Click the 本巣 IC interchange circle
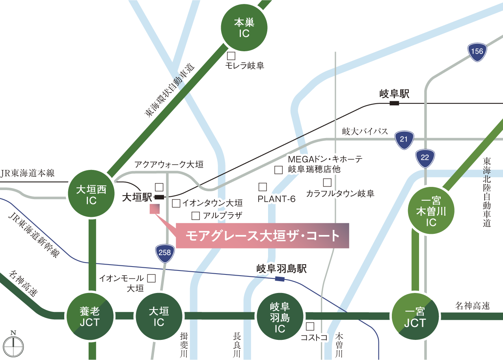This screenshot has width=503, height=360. (x=244, y=28)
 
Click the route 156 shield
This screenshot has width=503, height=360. (x=476, y=52)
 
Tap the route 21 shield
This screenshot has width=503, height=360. (x=404, y=139)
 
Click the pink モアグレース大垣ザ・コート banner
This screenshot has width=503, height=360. (x=262, y=236)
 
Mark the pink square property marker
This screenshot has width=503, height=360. (x=154, y=209)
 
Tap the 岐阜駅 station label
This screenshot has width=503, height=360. (x=395, y=94)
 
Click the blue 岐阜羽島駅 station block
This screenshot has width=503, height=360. (x=279, y=279)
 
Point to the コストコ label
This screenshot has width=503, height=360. (x=314, y=338)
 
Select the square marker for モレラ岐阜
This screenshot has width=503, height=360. (x=231, y=56)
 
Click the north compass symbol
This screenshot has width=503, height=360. (x=13, y=346)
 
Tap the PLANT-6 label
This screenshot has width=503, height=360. (x=276, y=200)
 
